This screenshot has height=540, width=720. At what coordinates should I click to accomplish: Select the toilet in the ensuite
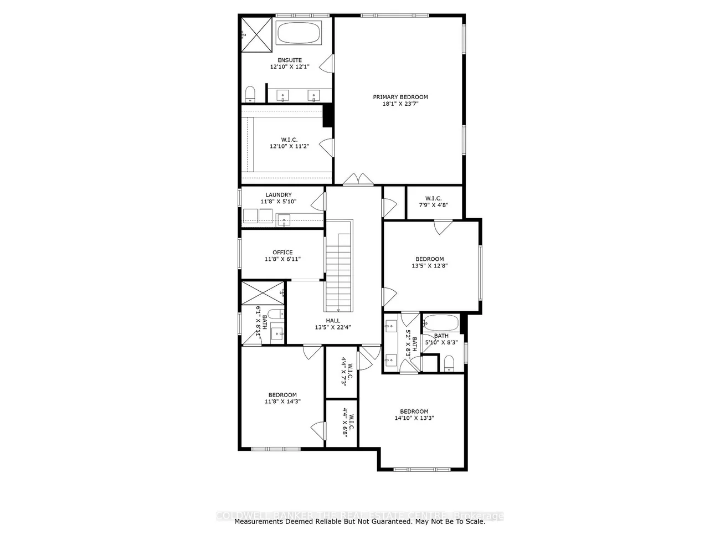click(x=250, y=93)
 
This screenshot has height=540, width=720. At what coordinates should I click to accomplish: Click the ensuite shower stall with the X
click(x=255, y=34)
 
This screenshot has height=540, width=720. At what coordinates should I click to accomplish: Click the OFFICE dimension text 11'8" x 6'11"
click(x=282, y=259)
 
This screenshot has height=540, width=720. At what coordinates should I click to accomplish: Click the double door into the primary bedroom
click(x=358, y=179)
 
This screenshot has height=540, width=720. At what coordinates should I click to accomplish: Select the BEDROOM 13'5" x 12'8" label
click(x=429, y=262)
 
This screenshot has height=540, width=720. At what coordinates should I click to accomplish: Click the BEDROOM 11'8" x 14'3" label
click(x=282, y=398)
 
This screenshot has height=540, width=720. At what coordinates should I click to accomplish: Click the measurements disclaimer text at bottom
click(x=359, y=521)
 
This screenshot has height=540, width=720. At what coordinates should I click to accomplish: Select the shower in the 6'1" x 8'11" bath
click(x=263, y=293)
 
